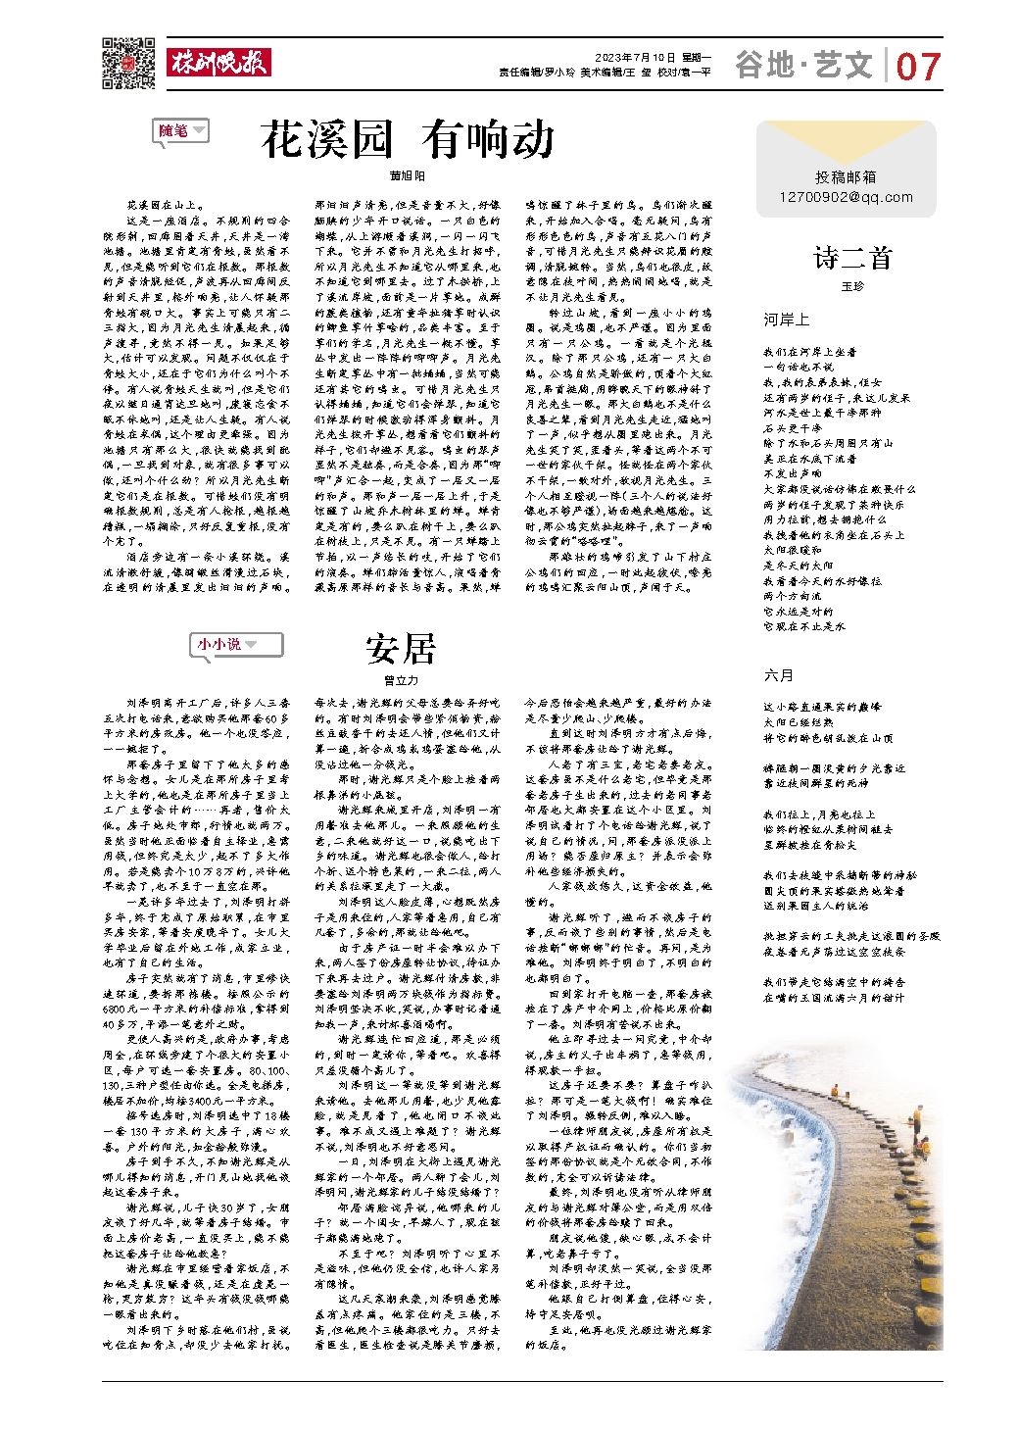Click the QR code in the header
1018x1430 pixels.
(x=127, y=64)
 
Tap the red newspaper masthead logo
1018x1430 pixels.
(x=218, y=63)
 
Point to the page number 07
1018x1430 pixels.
(x=918, y=67)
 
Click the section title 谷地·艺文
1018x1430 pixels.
(x=803, y=65)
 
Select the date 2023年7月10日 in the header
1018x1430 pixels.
(x=634, y=58)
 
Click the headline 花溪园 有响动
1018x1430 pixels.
(x=408, y=140)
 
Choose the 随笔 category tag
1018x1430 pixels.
(x=181, y=130)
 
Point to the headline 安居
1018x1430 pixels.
(x=400, y=648)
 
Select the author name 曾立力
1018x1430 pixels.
(x=400, y=679)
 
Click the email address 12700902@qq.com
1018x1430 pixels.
(x=846, y=197)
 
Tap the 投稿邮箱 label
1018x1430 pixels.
(x=846, y=176)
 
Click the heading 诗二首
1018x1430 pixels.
(x=852, y=258)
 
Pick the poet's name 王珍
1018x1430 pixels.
(x=852, y=286)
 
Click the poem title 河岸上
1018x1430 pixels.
(x=786, y=320)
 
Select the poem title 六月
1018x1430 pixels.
(x=779, y=675)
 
